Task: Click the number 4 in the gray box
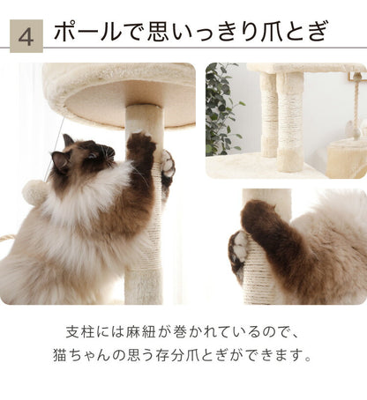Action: (x=26, y=36)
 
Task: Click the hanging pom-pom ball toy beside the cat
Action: (x=35, y=191)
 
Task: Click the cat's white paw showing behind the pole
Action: (x=167, y=163)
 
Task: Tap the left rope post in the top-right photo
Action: (x=269, y=115)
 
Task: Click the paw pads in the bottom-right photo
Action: (x=237, y=249)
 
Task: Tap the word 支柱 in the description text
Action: (x=79, y=333)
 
